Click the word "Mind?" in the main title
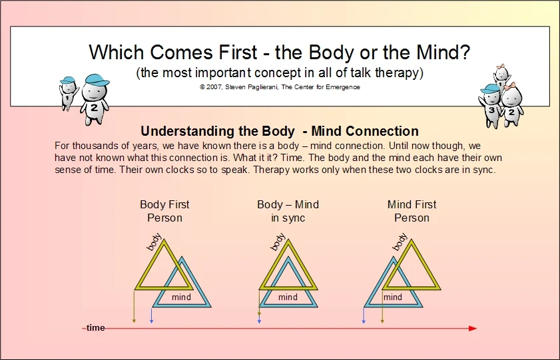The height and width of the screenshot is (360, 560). click(443, 52)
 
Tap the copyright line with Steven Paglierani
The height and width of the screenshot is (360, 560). click(280, 87)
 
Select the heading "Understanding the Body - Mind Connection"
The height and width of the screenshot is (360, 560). click(280, 131)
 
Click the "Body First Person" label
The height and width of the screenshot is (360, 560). click(164, 211)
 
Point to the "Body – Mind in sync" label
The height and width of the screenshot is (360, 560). click(288, 211)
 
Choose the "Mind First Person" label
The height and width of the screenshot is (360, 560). click(412, 211)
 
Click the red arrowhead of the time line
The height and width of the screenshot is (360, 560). click(473, 328)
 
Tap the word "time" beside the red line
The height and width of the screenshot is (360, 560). click(96, 328)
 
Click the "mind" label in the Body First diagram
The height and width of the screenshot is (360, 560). click(181, 297)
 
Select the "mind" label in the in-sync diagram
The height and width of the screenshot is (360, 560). click(288, 297)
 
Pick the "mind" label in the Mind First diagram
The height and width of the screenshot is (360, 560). click(393, 297)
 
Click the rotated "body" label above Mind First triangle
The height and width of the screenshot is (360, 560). click(400, 242)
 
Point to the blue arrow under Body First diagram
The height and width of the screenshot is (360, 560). click(151, 316)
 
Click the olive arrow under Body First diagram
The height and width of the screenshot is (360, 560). click(134, 307)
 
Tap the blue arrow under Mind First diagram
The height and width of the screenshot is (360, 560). click(364, 316)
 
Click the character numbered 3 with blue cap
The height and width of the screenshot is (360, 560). click(490, 105)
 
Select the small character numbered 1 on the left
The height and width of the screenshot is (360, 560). click(68, 93)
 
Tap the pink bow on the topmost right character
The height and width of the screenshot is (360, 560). click(502, 67)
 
